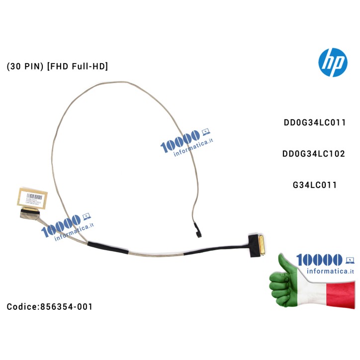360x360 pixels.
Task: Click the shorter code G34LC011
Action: (315, 185)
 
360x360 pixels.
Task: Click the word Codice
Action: (23, 307)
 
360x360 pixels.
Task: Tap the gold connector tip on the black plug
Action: (261, 245)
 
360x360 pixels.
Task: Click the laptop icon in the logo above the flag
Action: (349, 259)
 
